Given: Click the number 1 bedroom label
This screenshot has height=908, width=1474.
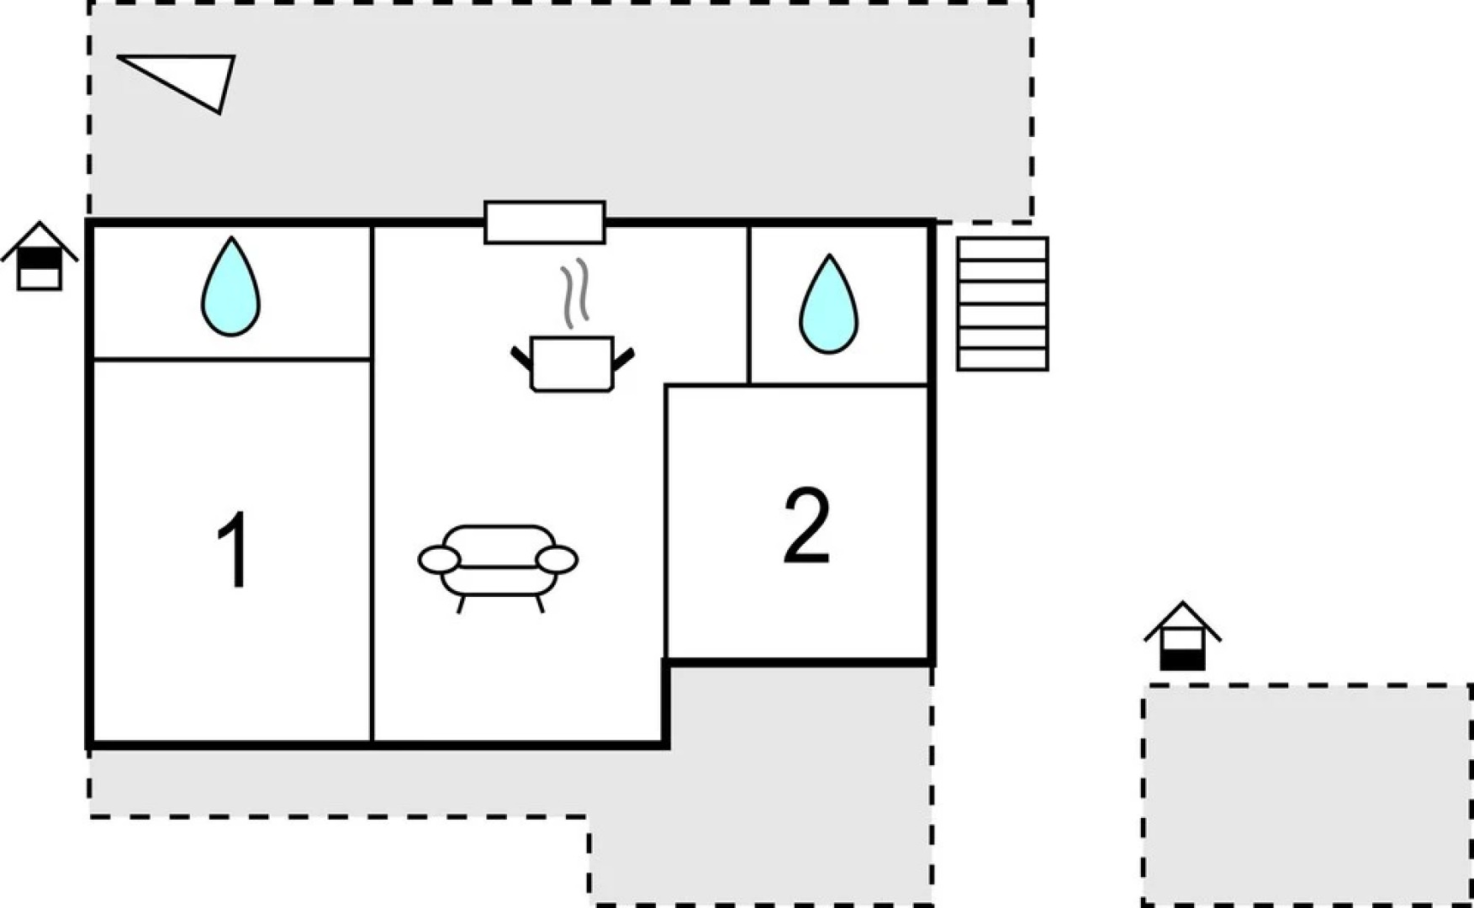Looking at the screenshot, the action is click(233, 551).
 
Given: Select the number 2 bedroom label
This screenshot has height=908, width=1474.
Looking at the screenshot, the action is click(806, 526).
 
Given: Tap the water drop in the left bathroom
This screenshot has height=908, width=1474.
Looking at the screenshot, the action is click(230, 287).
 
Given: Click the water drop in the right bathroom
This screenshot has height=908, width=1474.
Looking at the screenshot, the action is click(828, 304).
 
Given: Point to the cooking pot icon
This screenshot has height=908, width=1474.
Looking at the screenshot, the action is click(573, 363).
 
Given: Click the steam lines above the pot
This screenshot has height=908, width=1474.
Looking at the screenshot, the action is click(575, 293).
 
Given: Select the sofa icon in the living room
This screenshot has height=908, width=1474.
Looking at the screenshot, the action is click(498, 568).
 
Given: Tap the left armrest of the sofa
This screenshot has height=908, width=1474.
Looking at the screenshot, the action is click(439, 559).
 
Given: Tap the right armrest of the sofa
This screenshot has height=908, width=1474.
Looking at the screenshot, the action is click(557, 559).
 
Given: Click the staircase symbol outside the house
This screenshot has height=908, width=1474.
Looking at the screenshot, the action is click(1002, 304).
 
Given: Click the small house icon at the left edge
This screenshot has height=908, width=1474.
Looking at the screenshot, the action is click(40, 256).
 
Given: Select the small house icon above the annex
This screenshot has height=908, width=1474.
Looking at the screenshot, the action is click(1182, 636).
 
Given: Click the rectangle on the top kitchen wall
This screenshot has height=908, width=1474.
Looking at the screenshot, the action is click(545, 222).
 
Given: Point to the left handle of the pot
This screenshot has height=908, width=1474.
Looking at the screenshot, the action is click(521, 358).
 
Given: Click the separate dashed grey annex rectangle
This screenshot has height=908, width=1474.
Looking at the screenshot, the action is click(1307, 795).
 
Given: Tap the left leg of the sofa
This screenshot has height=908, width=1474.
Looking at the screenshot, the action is click(461, 604).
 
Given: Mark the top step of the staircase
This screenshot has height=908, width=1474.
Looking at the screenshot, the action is click(1002, 250).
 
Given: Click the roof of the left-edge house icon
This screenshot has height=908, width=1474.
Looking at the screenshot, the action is click(40, 240).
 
